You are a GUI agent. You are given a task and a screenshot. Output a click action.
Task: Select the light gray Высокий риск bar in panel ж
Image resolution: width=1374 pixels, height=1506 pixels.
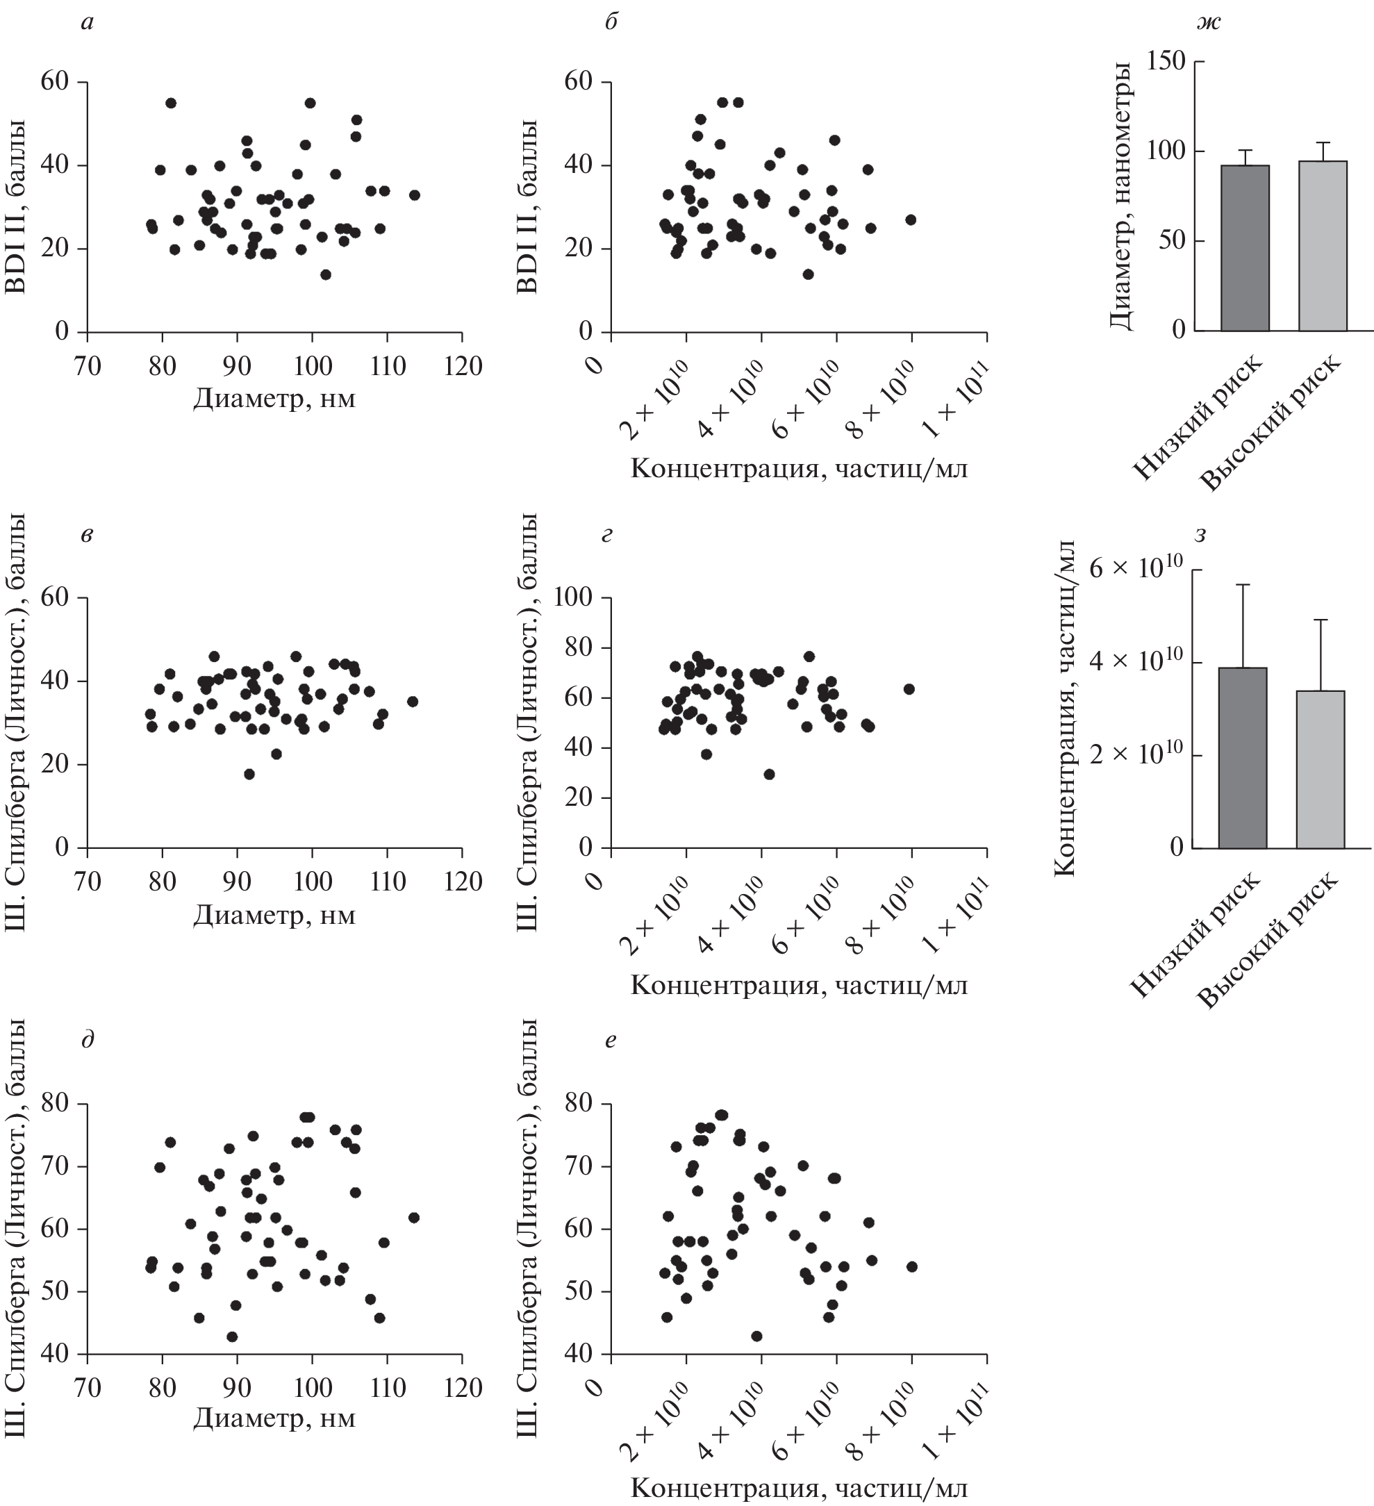coord(1323,246)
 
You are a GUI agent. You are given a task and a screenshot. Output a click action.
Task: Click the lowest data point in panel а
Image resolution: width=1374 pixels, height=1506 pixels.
coord(326,274)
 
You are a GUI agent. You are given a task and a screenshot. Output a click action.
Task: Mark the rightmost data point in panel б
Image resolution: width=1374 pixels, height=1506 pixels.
coord(910,220)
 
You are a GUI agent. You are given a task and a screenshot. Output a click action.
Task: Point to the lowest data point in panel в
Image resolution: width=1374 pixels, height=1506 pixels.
coord(249,774)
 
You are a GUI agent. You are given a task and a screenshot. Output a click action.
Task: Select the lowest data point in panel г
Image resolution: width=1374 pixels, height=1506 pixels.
coord(769,774)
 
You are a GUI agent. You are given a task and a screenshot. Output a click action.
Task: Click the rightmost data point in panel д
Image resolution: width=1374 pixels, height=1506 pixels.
coord(414,1218)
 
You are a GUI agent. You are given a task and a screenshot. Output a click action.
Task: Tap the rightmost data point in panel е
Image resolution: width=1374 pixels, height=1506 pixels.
coord(911,1266)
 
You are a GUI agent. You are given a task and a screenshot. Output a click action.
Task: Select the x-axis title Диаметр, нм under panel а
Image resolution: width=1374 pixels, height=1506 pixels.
coord(274,399)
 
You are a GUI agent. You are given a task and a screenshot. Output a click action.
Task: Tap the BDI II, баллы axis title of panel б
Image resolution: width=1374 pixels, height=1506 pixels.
coord(527,207)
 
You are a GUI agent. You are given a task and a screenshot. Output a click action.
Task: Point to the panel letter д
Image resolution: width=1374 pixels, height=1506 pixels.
coord(88,1039)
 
